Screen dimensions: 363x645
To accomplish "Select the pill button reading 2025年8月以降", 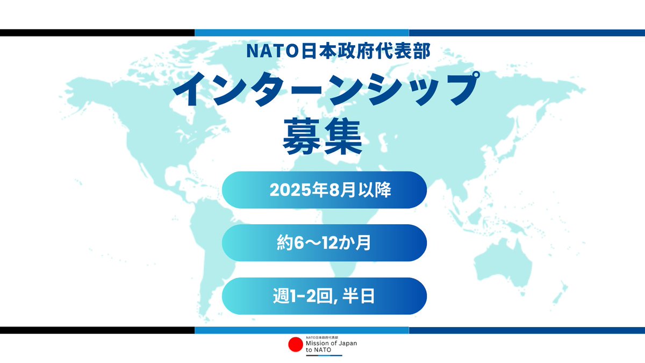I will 324,190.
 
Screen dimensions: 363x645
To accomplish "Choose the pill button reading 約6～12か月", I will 324,243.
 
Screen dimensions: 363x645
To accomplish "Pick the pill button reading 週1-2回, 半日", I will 324,296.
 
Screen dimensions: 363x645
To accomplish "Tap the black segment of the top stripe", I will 97,33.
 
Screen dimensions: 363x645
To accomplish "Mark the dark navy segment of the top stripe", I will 527,33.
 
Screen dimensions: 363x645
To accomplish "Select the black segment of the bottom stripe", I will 97,330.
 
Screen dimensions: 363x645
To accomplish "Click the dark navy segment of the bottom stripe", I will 527,330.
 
